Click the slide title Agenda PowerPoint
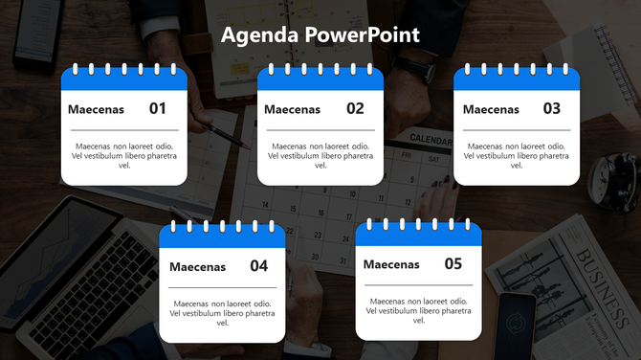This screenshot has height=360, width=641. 320,35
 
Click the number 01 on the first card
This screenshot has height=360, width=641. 158,108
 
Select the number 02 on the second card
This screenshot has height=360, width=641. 355,108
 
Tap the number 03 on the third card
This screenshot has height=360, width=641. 552,108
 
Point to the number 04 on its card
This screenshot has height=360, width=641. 258,266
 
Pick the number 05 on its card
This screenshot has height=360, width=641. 453,263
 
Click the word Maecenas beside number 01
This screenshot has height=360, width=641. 96,109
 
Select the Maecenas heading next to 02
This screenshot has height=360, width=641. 292,109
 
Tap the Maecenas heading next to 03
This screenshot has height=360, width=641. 491,109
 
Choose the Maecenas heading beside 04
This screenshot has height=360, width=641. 197,267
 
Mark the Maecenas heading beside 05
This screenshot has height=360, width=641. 391,264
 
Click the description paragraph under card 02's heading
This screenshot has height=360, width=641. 320,155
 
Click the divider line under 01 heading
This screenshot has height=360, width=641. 123,129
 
